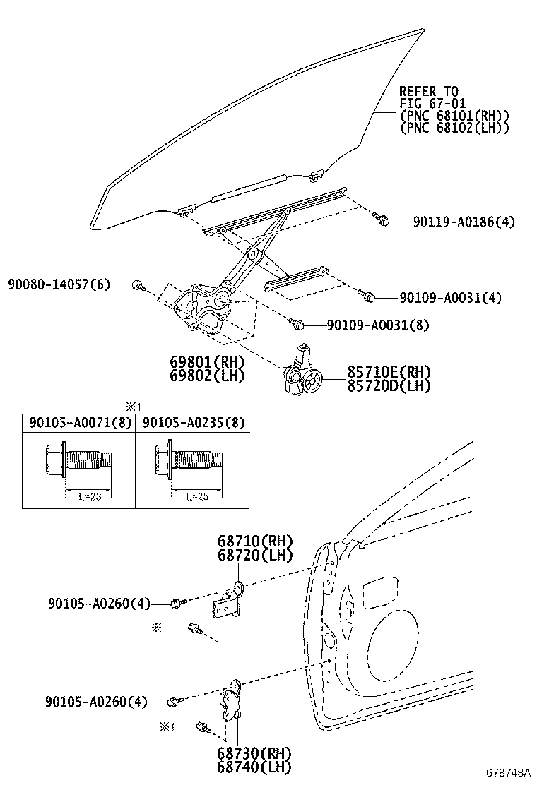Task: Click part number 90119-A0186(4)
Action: pyautogui.click(x=464, y=222)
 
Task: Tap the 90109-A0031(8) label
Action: pyautogui.click(x=378, y=325)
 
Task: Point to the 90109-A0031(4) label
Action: pyautogui.click(x=450, y=298)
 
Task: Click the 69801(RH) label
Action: pyautogui.click(x=206, y=362)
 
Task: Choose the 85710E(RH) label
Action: pyautogui.click(x=388, y=372)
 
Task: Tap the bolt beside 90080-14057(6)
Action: pyautogui.click(x=138, y=285)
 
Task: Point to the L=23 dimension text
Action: pyautogui.click(x=88, y=496)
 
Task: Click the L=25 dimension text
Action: pyautogui.click(x=200, y=496)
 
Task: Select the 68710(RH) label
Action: pyautogui.click(x=245, y=542)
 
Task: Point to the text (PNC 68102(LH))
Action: pyautogui.click(x=454, y=128)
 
